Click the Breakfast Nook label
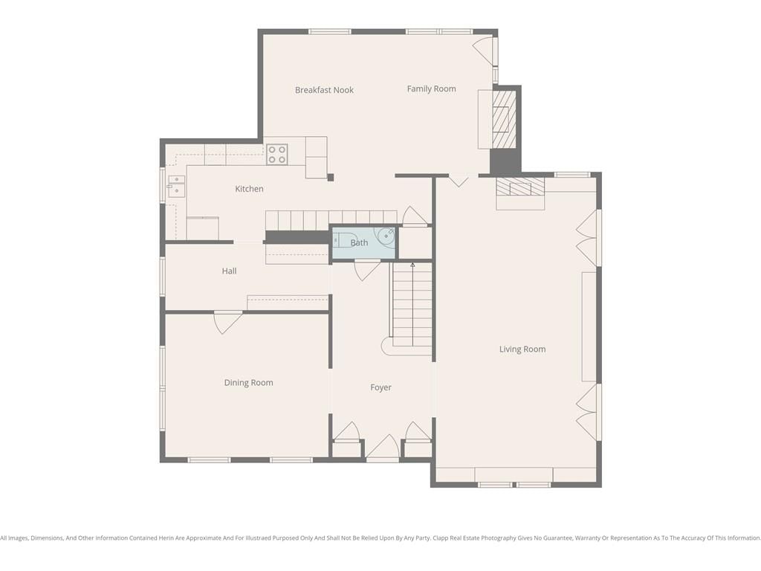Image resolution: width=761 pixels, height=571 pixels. point(324,90)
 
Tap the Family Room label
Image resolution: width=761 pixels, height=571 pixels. point(432,89)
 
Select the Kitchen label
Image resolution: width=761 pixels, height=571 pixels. point(249,189)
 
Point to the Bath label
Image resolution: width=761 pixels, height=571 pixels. point(359,243)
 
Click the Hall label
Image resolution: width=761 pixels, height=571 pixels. point(229,271)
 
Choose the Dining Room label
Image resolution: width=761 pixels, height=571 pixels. point(248,383)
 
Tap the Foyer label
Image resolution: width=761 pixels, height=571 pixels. point(380,387)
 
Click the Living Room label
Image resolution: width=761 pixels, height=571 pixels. point(522,349)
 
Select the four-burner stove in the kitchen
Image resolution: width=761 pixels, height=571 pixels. point(276,155)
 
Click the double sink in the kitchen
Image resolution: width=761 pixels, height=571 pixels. point(176,187)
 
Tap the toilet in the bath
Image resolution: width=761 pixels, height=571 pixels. point(342,240)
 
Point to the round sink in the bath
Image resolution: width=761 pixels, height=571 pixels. point(386,236)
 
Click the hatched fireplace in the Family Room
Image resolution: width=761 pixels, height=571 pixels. point(504,120)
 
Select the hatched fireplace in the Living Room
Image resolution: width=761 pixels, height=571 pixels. point(519,187)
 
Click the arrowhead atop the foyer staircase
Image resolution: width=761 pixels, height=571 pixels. point(412,265)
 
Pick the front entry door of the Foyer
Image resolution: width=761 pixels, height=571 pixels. point(383,447)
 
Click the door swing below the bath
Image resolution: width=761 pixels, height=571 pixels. point(367,270)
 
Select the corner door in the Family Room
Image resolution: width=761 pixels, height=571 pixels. point(484,51)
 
